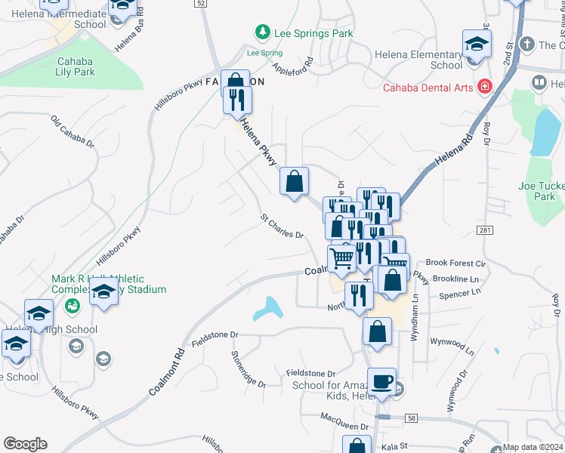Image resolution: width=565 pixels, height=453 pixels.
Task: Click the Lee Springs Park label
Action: pyautogui.click(x=313, y=34)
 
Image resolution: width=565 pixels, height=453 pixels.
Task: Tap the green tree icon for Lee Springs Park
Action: pyautogui.click(x=262, y=32)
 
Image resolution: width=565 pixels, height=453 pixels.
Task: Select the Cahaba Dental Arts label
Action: pyautogui.click(x=428, y=88)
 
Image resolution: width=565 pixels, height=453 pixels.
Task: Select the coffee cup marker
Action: pyautogui.click(x=382, y=381)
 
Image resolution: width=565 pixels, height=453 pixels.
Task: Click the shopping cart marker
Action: pyautogui.click(x=342, y=259)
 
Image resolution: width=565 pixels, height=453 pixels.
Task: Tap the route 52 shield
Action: pyautogui.click(x=200, y=4)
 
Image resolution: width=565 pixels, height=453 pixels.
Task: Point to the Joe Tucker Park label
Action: pyautogui.click(x=537, y=191)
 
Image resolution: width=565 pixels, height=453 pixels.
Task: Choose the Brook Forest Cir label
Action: pyautogui.click(x=455, y=263)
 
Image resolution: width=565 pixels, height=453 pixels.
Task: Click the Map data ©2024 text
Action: pyautogui.click(x=533, y=447)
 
